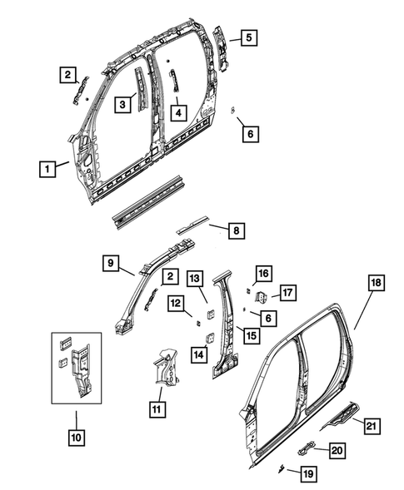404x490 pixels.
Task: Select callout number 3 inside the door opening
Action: click(122, 104)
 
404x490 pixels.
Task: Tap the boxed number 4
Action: click(178, 110)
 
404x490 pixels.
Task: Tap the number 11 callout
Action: click(157, 408)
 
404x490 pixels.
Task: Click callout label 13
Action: click(193, 277)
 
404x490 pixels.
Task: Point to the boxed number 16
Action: click(263, 274)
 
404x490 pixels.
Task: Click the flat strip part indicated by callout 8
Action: click(195, 226)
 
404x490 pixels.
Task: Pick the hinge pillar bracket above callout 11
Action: click(167, 369)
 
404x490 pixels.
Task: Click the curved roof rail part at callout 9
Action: click(158, 266)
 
